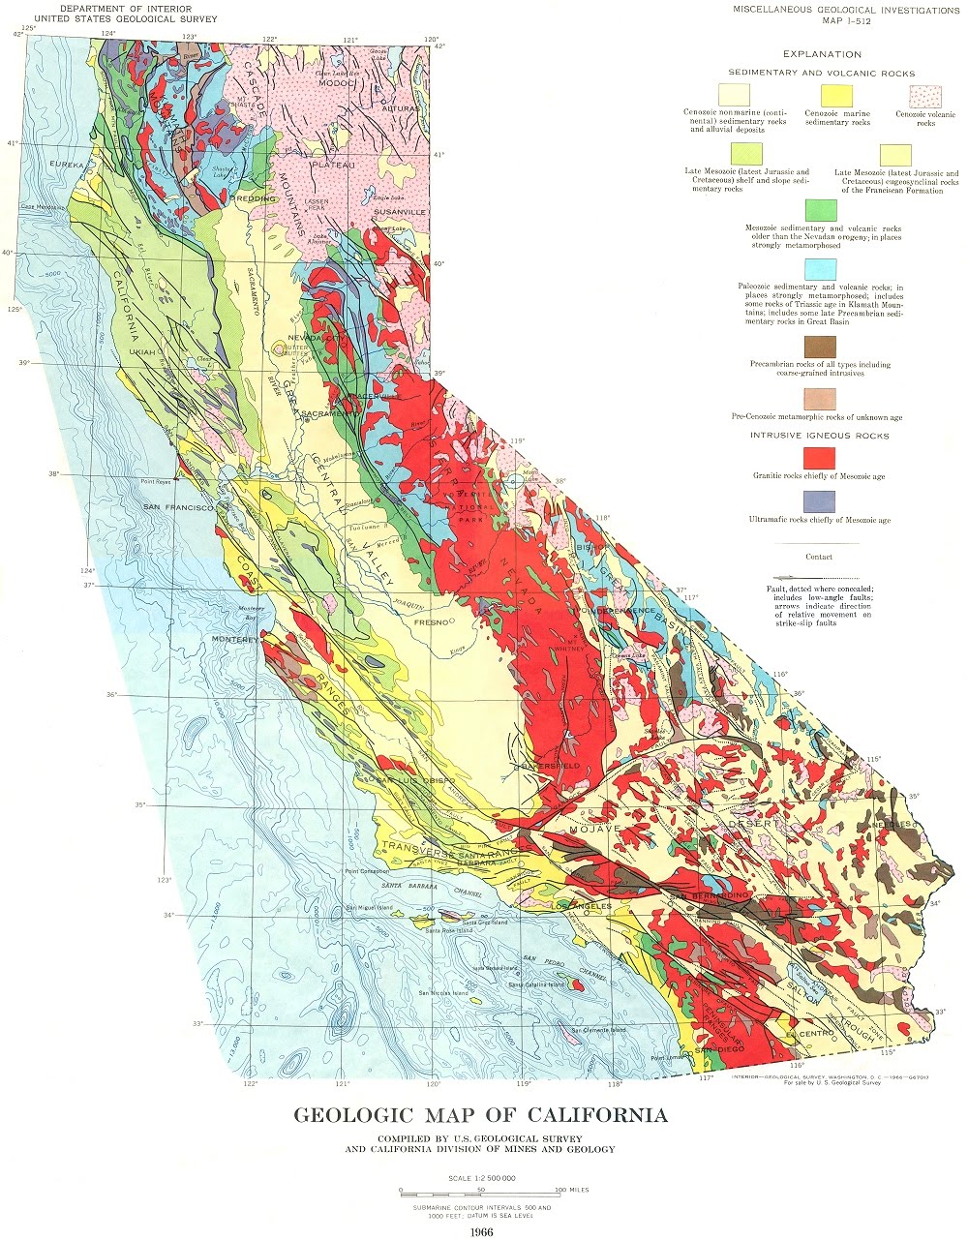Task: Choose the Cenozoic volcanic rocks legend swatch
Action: point(923,96)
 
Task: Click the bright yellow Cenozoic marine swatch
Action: point(836,96)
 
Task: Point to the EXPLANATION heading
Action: point(822,55)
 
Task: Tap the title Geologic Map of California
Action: point(481,1115)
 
